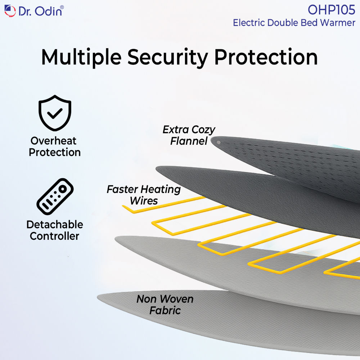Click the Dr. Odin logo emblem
[10, 11]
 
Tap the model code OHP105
[331, 10]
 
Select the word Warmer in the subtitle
[338, 23]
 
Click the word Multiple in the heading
[81, 57]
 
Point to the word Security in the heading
[168, 57]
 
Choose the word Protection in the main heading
[266, 57]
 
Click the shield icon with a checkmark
[55, 113]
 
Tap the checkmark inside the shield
[55, 113]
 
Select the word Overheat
[54, 141]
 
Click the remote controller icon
[55, 197]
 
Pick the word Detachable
[55, 225]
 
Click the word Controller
[55, 236]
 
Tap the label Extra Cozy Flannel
[189, 135]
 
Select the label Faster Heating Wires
[144, 195]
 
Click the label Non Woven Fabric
[165, 305]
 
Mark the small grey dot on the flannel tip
[219, 143]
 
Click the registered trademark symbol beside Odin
[62, 7]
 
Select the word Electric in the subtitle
[249, 23]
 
